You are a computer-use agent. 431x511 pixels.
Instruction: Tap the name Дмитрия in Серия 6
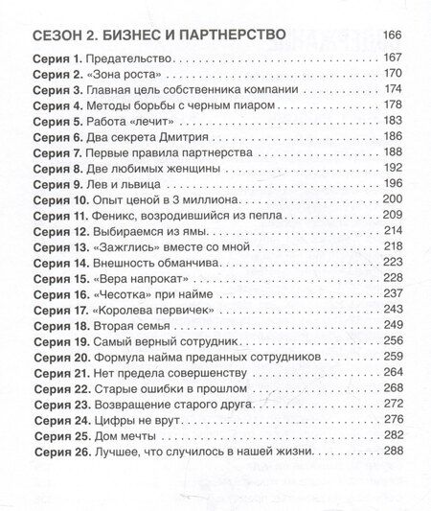click(181, 149)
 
